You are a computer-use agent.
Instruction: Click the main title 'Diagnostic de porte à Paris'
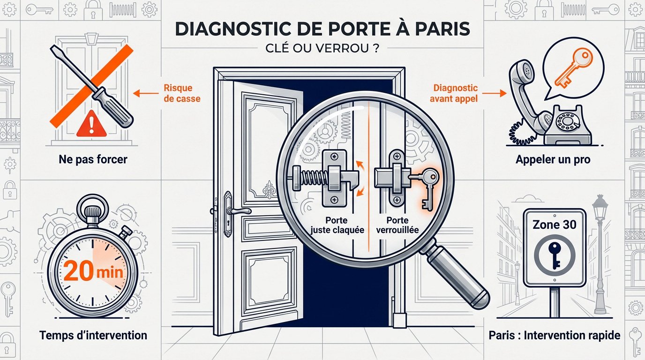(322, 28)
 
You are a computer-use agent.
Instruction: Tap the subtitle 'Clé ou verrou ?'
(322, 49)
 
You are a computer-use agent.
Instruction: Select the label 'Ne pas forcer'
(93, 159)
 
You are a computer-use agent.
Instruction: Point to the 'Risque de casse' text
(178, 93)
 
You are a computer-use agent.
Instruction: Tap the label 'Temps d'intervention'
(93, 335)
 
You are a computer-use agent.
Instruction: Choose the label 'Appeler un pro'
(553, 159)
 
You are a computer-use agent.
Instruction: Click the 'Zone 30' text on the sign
(554, 225)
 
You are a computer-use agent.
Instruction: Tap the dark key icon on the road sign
(554, 255)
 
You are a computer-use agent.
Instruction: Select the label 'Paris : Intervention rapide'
(554, 335)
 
